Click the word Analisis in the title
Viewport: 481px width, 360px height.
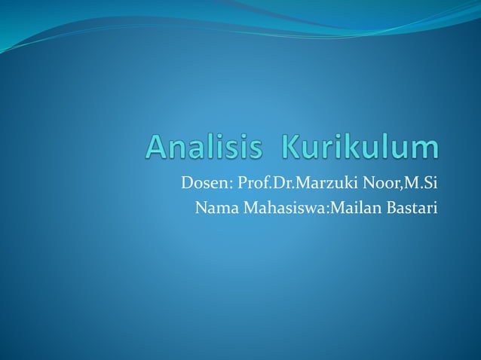click(x=204, y=147)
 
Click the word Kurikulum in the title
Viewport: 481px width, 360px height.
click(x=360, y=147)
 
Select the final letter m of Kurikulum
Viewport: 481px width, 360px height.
click(x=424, y=149)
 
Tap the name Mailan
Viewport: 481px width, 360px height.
click(x=344, y=207)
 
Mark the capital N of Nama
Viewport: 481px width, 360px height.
click(x=201, y=207)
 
